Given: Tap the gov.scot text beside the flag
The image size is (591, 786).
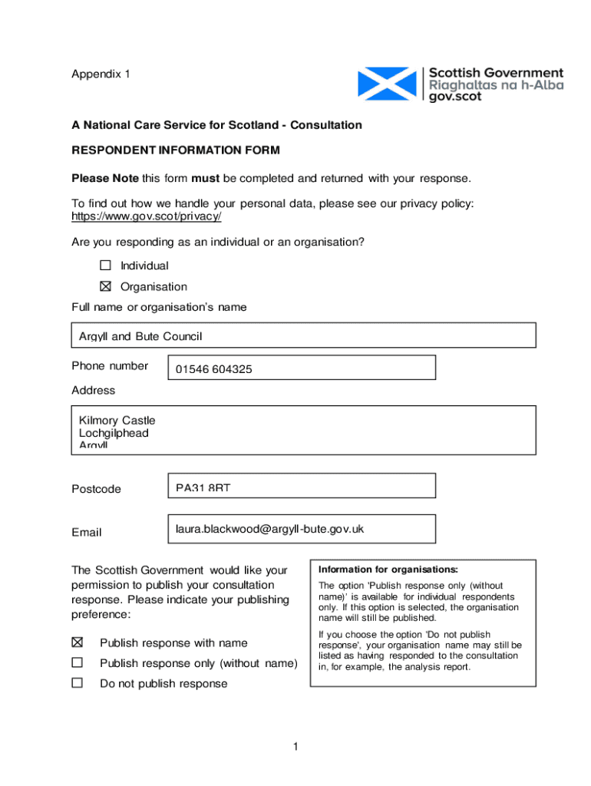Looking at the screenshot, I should point(455,97).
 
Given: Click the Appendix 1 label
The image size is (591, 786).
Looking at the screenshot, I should point(101,74).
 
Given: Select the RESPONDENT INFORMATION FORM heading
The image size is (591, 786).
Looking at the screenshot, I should point(176,150).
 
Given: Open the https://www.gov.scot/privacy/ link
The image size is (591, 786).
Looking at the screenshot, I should point(147,216).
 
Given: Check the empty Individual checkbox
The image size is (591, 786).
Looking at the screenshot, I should point(105,266).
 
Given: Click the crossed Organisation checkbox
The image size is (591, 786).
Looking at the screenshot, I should point(105,286).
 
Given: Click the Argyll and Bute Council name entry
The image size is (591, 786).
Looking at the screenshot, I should point(140,337).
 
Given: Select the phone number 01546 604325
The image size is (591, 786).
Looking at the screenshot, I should point(213,369).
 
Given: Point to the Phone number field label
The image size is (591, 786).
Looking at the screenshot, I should point(110,366).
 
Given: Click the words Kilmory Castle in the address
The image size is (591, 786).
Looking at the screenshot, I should point(117,421).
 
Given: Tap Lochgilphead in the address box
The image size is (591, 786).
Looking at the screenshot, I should point(114,434).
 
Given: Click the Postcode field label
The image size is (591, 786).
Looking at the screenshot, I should point(96,489).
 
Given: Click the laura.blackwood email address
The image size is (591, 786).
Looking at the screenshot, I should point(269,529).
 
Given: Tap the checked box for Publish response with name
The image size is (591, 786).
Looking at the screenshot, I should point(78,642).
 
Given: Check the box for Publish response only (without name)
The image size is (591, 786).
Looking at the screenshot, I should point(78,662).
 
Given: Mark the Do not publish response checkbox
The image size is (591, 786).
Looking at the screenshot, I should point(78,683).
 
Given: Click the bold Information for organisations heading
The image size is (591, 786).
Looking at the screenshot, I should point(388,570).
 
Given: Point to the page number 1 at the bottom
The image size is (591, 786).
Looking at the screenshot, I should point(295,747).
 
